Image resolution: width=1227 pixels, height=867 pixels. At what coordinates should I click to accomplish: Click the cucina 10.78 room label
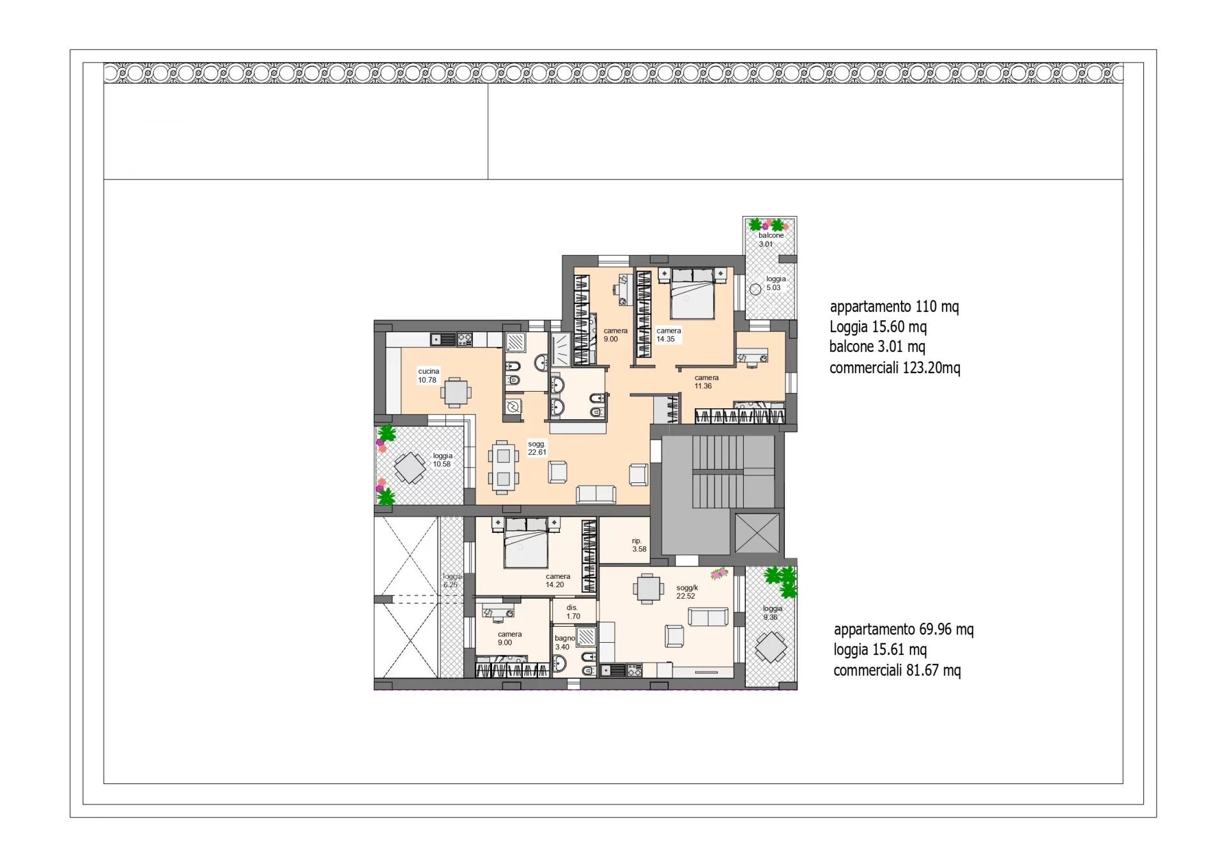coord(428,376)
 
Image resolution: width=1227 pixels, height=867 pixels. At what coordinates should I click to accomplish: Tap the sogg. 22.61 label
coord(537,448)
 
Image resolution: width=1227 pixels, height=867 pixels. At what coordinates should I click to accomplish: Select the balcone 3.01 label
coord(771,240)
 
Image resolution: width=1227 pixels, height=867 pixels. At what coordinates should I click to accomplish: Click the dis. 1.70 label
coord(573,612)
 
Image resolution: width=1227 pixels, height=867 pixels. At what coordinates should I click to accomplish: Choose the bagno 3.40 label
coord(564,643)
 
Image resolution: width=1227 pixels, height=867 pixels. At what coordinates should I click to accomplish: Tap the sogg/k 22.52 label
coord(687,592)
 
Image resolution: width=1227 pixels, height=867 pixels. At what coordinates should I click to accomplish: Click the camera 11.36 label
coord(706,382)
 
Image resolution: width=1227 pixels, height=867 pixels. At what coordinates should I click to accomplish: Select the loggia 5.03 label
coord(776,283)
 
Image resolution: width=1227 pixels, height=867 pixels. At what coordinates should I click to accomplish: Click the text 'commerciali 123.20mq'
coord(895,368)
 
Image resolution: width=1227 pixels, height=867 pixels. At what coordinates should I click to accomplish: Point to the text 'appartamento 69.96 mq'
coord(904,629)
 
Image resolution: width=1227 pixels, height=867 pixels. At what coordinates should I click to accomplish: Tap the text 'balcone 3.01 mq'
coord(877,347)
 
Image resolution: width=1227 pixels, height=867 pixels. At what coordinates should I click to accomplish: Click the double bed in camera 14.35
coord(692,293)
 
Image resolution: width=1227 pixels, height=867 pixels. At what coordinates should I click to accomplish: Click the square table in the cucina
coord(456,392)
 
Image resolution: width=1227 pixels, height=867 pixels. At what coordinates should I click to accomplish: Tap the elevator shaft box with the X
coord(757,533)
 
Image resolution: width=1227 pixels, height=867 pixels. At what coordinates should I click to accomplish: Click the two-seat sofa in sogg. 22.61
coord(596,494)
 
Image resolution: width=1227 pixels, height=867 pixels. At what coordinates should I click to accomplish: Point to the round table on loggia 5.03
coord(755,289)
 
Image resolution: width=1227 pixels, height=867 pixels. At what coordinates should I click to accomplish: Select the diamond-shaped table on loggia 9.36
coord(771,647)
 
